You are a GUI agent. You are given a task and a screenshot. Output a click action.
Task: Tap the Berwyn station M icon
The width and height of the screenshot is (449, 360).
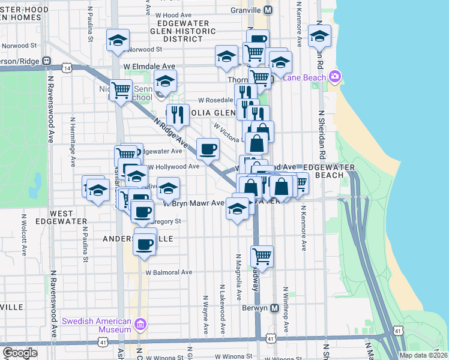tap(275, 308)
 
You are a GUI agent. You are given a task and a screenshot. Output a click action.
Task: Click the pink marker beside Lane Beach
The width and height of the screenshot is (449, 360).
tap(334, 76)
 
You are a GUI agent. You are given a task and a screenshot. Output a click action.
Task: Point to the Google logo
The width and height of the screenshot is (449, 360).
tap(20, 353)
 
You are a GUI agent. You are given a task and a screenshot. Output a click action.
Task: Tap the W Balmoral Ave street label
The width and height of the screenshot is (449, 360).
tap(169, 272)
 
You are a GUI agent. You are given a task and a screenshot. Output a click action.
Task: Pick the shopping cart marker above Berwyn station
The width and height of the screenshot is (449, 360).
tap(262, 256)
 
